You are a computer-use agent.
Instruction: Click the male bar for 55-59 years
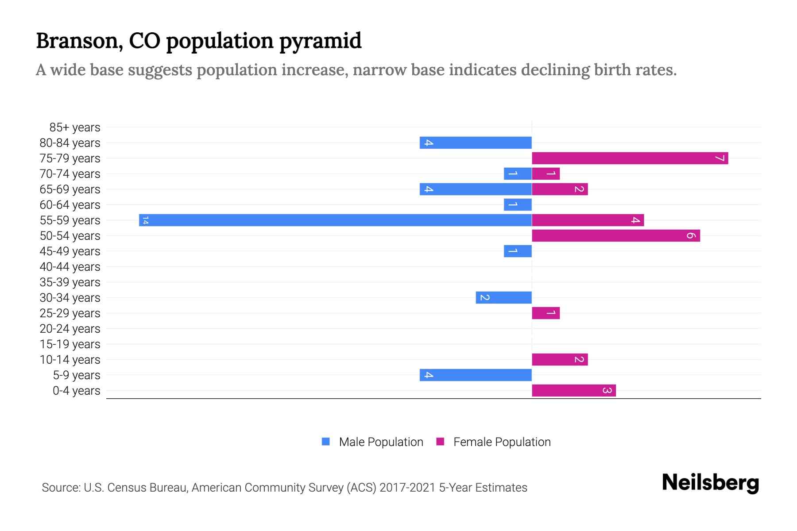pos(335,220)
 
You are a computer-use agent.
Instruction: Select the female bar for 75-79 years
pos(630,158)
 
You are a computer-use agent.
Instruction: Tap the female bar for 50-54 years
pos(615,235)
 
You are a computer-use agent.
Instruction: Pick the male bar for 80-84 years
pos(476,142)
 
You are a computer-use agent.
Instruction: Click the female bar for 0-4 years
pos(573,390)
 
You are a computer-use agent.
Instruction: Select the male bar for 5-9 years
pos(476,375)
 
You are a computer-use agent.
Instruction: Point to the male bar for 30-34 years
pos(503,297)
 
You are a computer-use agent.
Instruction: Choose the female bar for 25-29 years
pos(546,313)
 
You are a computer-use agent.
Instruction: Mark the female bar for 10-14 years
pos(560,359)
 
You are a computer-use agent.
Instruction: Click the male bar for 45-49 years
pos(518,251)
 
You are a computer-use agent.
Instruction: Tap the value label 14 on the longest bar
pos(145,220)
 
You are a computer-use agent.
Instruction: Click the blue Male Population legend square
pos(326,442)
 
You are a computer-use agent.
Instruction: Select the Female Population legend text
pos(502,442)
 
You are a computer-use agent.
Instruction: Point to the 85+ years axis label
pos(75,127)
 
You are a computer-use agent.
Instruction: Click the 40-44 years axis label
pos(70,267)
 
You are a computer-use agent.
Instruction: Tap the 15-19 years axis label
pos(70,344)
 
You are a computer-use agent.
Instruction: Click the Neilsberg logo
pos(710,482)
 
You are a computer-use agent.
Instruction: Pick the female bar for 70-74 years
pos(546,173)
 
